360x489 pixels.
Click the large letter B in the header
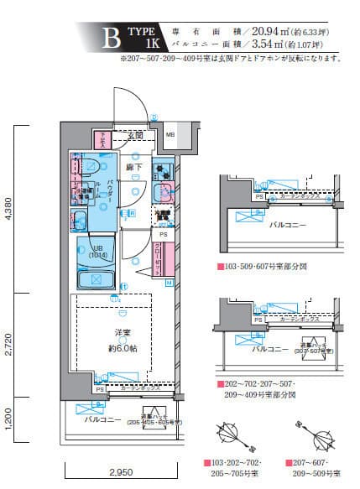pyautogui.click(x=108, y=39)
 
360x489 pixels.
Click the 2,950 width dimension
pyautogui.click(x=121, y=474)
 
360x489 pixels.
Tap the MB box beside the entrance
pyautogui.click(x=170, y=134)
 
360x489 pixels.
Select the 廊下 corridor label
pyautogui.click(x=135, y=167)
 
